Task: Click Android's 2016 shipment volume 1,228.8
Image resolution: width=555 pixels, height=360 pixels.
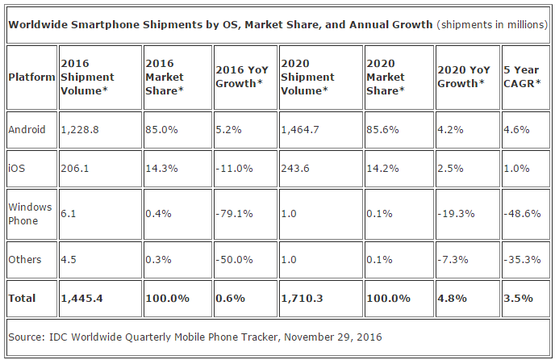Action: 80,130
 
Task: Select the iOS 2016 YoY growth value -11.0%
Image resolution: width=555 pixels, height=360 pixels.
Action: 234,169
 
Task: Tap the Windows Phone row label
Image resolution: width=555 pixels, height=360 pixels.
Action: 30,214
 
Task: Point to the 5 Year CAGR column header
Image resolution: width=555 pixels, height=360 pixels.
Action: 522,77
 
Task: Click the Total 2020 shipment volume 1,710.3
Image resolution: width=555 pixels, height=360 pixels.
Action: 302,299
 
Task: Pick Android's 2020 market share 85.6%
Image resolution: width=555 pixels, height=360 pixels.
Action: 382,130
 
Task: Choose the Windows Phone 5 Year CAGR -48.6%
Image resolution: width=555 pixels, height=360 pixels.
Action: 522,214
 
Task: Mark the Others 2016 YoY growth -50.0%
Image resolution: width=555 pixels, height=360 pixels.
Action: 234,260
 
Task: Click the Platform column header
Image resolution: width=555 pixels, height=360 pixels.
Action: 31,77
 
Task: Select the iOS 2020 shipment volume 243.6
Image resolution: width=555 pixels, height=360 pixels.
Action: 295,169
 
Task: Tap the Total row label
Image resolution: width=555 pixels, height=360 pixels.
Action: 22,299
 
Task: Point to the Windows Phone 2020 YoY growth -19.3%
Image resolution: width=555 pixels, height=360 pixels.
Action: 456,214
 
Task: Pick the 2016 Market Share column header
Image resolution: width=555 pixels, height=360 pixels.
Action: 165,77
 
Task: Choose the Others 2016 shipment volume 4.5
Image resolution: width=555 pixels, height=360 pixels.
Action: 69,260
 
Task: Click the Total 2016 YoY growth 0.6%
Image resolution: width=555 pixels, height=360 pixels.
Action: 231,299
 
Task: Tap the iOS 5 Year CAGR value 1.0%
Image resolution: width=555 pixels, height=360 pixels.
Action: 516,169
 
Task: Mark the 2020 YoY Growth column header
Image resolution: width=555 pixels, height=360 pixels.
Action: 464,77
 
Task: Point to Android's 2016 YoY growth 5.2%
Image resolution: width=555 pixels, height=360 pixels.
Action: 228,130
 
